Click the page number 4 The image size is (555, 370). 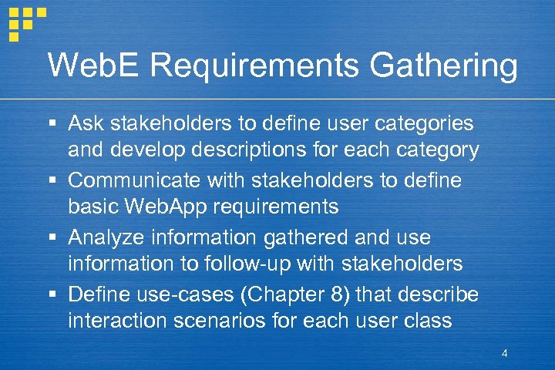point(504,354)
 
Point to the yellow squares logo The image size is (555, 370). point(25,22)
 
